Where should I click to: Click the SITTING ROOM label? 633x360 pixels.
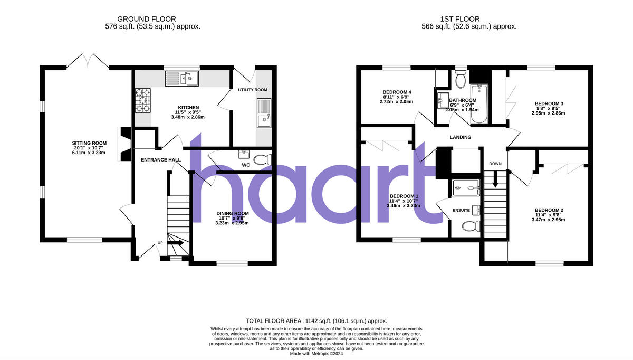coord(89,143)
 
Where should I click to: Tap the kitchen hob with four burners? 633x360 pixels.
coord(143,100)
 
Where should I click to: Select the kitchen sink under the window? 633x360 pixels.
coord(181,79)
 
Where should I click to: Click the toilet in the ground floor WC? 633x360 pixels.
coord(262,159)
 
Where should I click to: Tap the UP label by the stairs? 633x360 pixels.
coord(160,243)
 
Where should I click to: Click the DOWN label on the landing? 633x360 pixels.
coord(495,164)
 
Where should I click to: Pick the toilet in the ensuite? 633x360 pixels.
coord(469,226)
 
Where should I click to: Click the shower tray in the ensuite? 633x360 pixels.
coord(465,187)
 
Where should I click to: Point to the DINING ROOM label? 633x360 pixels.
coord(232,213)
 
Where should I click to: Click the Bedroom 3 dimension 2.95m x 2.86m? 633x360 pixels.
coord(549,113)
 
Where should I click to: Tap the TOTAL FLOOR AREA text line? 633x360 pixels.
coord(316,321)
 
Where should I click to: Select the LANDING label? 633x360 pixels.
coord(460,137)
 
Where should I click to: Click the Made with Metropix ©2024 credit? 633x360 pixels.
coord(316,354)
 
